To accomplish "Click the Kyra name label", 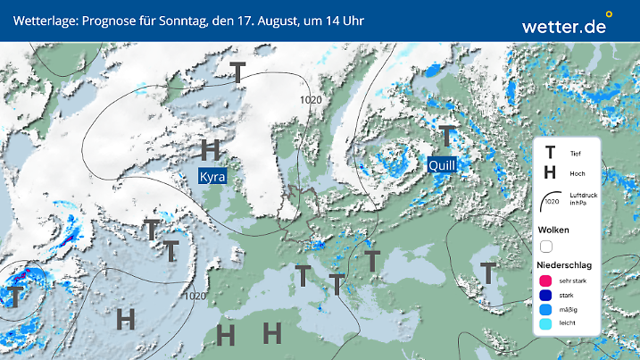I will pyautogui.click(x=212, y=176).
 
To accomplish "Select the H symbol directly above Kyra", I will pyautogui.click(x=211, y=149).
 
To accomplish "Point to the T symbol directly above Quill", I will pyautogui.click(x=446, y=137).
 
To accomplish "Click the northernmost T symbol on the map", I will pyautogui.click(x=238, y=73).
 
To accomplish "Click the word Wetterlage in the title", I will pyautogui.click(x=43, y=19).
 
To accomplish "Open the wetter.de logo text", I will pyautogui.click(x=563, y=26).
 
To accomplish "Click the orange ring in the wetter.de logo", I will pyautogui.click(x=609, y=14).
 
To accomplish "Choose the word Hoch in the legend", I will pyautogui.click(x=577, y=172).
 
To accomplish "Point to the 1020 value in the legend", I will pyautogui.click(x=550, y=202).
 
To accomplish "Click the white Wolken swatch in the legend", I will pyautogui.click(x=546, y=247).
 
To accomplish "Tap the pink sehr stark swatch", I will pyautogui.click(x=546, y=280).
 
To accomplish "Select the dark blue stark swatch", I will pyautogui.click(x=546, y=296).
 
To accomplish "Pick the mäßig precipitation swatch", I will pyautogui.click(x=546, y=311).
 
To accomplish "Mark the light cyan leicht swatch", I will pyautogui.click(x=546, y=326).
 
